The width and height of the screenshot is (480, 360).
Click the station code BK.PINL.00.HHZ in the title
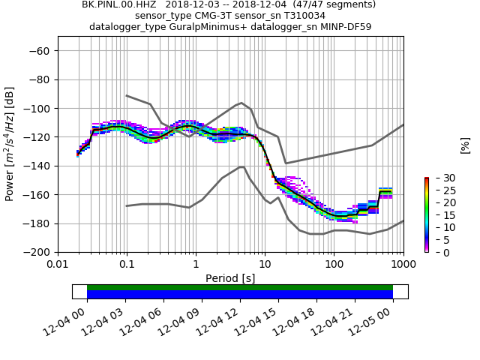(115, 4)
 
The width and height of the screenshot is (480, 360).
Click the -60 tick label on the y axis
(41, 51)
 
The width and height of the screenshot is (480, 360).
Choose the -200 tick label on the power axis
(38, 252)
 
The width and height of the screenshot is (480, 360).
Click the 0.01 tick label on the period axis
(58, 265)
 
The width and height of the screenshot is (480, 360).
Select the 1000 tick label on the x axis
(403, 265)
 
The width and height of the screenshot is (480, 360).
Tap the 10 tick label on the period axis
(265, 265)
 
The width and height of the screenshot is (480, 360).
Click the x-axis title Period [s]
(230, 278)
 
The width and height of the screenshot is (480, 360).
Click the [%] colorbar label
(465, 145)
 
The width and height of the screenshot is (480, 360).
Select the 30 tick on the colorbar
(439, 178)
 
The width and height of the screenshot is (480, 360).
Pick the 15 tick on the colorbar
(439, 215)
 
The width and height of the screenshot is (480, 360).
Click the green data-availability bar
(240, 287)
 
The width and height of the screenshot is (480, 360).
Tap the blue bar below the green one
(240, 295)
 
